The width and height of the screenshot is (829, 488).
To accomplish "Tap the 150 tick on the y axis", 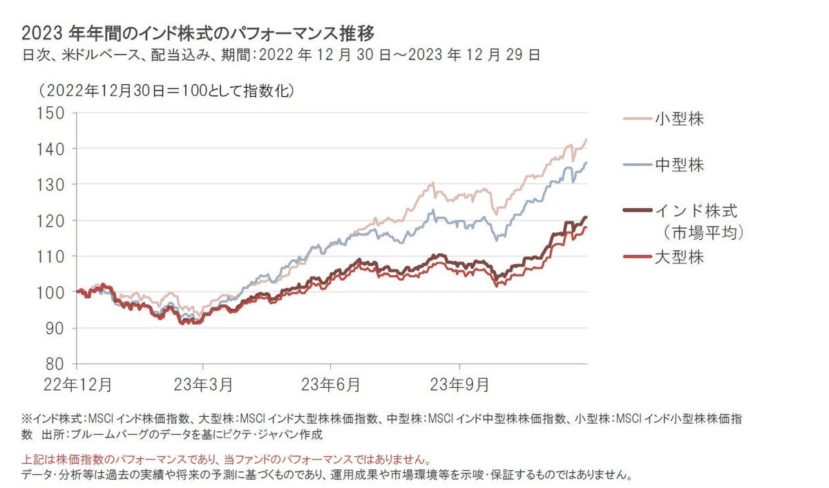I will click(x=50, y=113).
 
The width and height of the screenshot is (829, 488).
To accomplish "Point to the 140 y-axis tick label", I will click(x=50, y=149).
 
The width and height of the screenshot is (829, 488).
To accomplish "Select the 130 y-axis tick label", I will click(x=50, y=185).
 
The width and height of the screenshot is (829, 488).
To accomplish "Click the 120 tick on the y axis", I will click(x=50, y=220).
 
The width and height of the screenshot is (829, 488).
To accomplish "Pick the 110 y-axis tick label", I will click(x=50, y=256).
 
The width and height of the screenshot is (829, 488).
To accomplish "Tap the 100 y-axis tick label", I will click(x=50, y=292).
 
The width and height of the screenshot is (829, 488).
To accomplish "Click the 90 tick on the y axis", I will click(x=55, y=328).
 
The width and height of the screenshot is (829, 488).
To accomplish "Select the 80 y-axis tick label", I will click(x=55, y=364).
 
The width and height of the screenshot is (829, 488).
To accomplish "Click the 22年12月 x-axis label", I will click(x=77, y=382).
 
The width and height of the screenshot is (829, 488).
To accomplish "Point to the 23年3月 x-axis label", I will click(x=202, y=382).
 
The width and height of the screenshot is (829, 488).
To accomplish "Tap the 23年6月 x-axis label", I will click(x=331, y=382).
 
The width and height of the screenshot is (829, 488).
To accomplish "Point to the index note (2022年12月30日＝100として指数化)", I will click(x=166, y=91).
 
